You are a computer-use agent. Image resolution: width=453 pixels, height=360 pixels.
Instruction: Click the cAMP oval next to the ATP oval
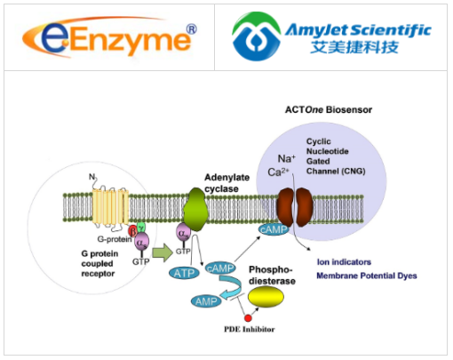tap(221, 268)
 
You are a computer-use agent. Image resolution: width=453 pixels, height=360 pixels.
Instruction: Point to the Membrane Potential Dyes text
tap(365, 276)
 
